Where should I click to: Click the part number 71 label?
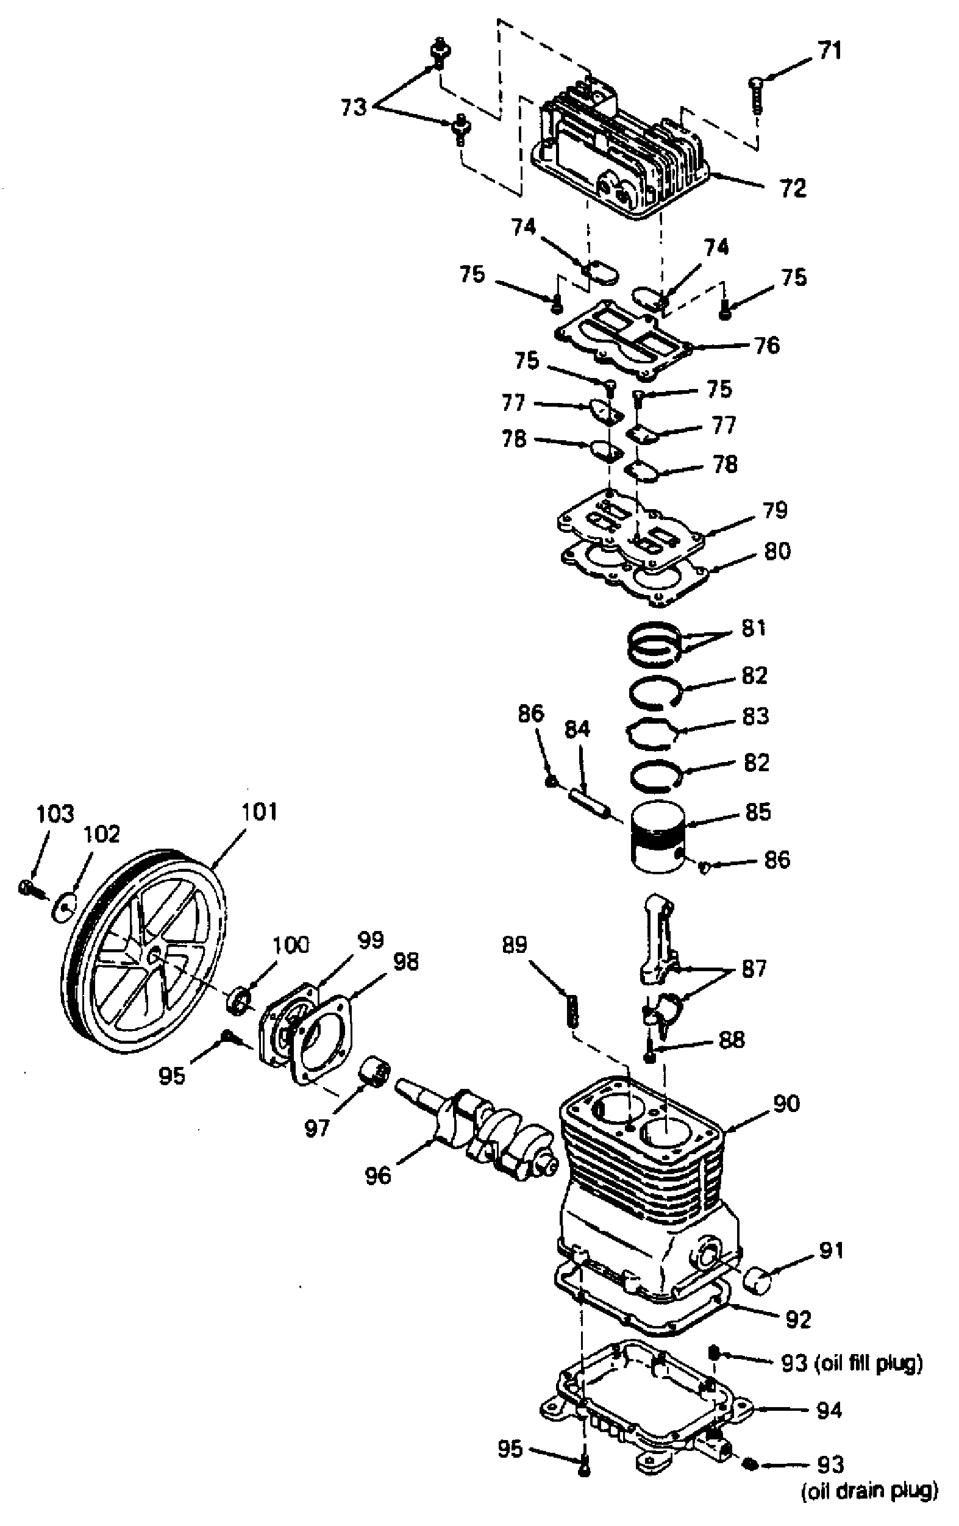[829, 51]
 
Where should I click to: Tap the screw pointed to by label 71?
[756, 94]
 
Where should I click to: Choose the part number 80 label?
[777, 551]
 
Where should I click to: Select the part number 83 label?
[755, 716]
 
